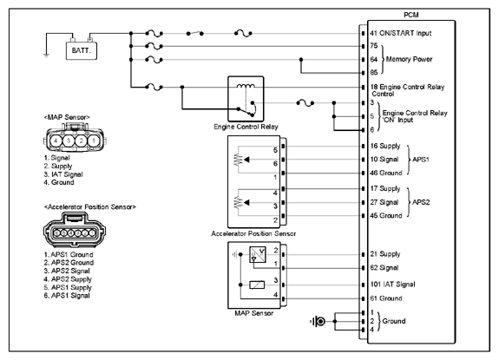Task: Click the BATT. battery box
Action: click(82, 51)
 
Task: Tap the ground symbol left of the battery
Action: click(47, 56)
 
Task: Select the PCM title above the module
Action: click(411, 15)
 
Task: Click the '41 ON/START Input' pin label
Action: click(401, 33)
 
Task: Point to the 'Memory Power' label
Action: click(409, 59)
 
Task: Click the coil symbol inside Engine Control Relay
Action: click(246, 86)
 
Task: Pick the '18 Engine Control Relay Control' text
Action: click(407, 90)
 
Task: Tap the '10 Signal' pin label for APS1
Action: click(384, 160)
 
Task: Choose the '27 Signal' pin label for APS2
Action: click(384, 202)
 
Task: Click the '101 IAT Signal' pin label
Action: click(393, 285)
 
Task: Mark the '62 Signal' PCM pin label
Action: click(384, 268)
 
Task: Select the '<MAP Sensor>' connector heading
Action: click(67, 117)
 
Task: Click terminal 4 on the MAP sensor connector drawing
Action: click(56, 141)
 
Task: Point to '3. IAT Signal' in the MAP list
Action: click(63, 174)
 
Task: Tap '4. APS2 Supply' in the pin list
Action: click(68, 279)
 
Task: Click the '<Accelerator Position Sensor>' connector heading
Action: click(90, 207)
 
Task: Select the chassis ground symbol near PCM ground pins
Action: click(318, 322)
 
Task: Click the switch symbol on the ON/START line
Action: click(194, 33)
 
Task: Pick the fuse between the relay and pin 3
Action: click(305, 103)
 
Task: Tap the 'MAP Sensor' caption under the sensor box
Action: click(254, 313)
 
